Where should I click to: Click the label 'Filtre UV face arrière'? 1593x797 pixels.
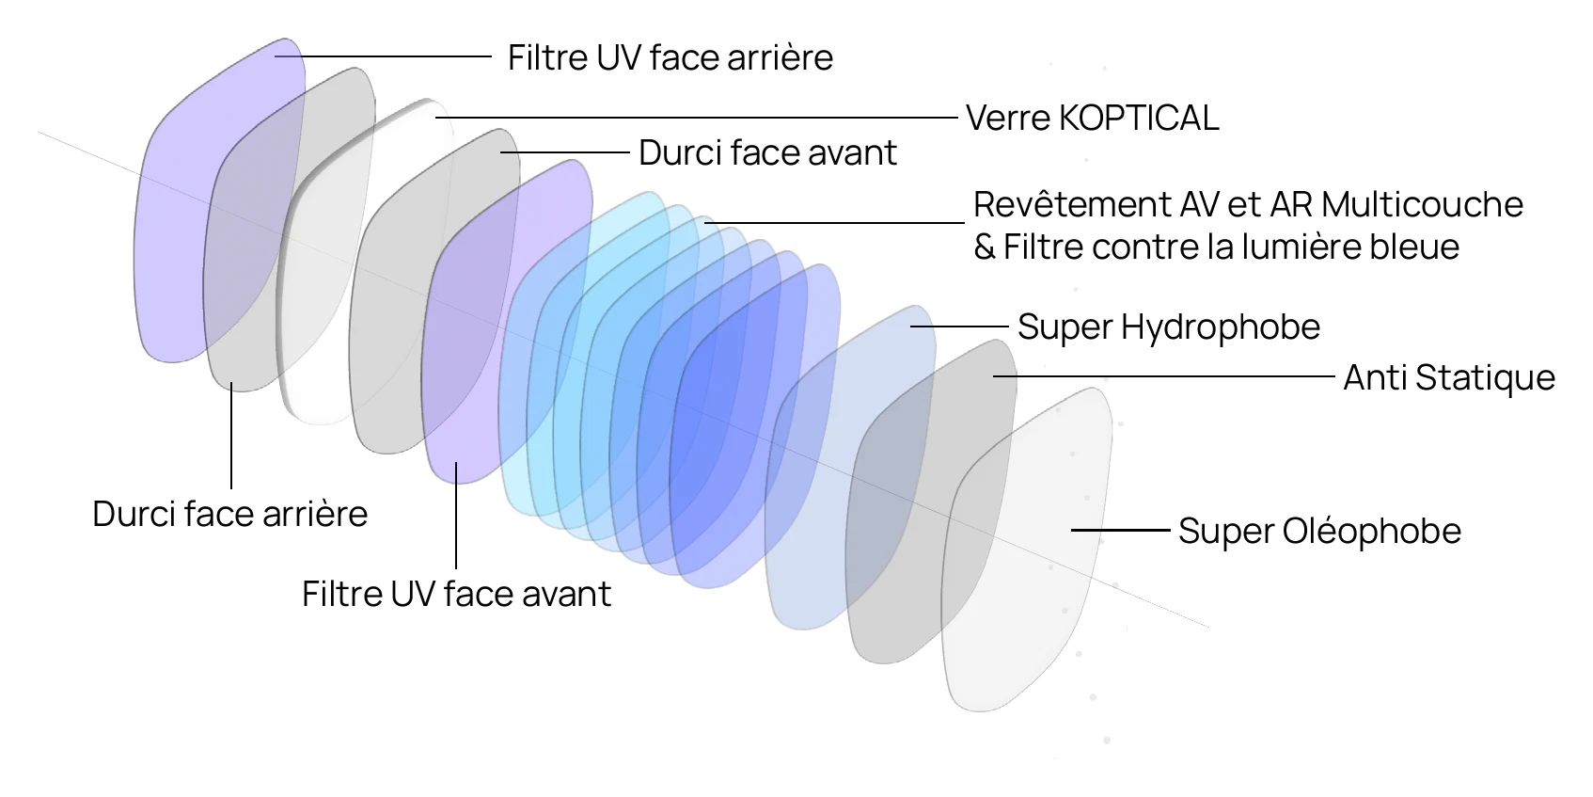click(x=670, y=57)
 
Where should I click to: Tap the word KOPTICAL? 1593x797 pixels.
click(x=1139, y=119)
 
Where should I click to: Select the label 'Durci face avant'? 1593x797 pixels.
click(x=768, y=153)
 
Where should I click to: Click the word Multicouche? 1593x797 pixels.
click(x=1422, y=205)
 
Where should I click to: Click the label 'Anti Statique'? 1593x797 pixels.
click(x=1448, y=377)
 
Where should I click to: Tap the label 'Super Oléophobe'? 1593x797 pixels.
click(x=1320, y=531)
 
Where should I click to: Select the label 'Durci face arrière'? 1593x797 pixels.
click(x=230, y=514)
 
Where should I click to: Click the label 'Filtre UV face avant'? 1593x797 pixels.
click(x=457, y=594)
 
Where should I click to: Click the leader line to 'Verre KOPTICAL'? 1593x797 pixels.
click(x=697, y=118)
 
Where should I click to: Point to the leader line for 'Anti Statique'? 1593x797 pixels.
click(x=1164, y=376)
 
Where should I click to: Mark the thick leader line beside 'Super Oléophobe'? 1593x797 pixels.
click(x=1121, y=530)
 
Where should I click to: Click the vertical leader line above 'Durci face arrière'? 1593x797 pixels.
click(x=231, y=436)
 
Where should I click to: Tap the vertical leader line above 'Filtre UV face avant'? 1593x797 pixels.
click(x=456, y=516)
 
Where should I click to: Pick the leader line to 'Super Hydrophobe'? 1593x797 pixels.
click(x=959, y=326)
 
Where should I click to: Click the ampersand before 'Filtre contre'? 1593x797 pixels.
click(x=985, y=247)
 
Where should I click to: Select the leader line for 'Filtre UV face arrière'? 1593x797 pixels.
click(x=384, y=56)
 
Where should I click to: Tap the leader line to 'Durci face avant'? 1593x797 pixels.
click(x=565, y=152)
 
